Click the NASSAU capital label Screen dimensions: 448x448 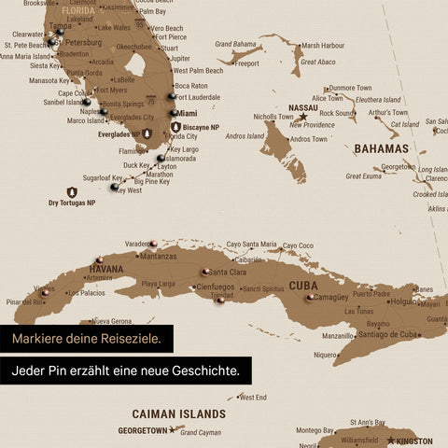pyautogui.click(x=304, y=108)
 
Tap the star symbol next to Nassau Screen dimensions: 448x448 pyautogui.click(x=302, y=118)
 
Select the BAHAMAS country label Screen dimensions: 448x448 pyautogui.click(x=381, y=148)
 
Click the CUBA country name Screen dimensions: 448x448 pyautogui.click(x=302, y=286)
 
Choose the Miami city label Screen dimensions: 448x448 pyautogui.click(x=187, y=113)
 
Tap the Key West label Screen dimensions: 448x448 pyautogui.click(x=129, y=190)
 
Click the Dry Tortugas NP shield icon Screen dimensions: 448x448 pyautogui.click(x=72, y=191)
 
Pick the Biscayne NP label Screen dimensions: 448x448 pyautogui.click(x=201, y=127)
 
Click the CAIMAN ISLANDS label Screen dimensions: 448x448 pyautogui.click(x=178, y=413)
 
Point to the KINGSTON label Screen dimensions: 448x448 pyautogui.click(x=413, y=441)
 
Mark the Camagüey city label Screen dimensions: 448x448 pyautogui.click(x=331, y=297)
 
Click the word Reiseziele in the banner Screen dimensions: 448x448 pyautogui.click(x=130, y=338)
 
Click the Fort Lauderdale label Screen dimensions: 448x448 pyautogui.click(x=198, y=97)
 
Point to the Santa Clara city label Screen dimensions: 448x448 pyautogui.click(x=227, y=273)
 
